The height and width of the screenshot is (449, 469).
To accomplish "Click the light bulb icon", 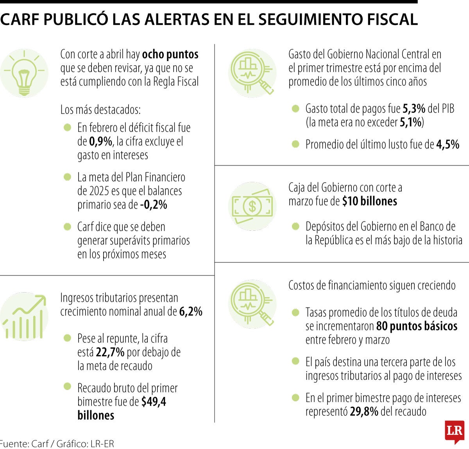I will point(24,74).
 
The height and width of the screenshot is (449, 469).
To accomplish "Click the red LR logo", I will point(454,432).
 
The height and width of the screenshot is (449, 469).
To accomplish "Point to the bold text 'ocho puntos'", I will point(170,54).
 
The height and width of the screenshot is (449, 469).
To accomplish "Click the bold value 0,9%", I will point(100,142).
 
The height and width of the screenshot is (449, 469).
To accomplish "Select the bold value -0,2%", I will point(154,205).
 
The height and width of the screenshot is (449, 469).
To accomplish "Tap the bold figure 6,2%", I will point(191,312).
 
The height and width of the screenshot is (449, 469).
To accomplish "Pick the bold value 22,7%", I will point(110,352).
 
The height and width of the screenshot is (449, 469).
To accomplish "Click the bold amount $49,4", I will point(154,402).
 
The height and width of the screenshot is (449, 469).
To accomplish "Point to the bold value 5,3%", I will point(414,109).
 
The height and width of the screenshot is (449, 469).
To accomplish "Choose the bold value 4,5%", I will point(448,145).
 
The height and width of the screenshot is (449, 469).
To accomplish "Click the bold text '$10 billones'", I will point(369,201).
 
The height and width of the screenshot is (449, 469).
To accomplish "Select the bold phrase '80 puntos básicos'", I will point(417,326).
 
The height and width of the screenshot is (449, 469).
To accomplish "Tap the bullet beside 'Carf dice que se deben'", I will point(68,226).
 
